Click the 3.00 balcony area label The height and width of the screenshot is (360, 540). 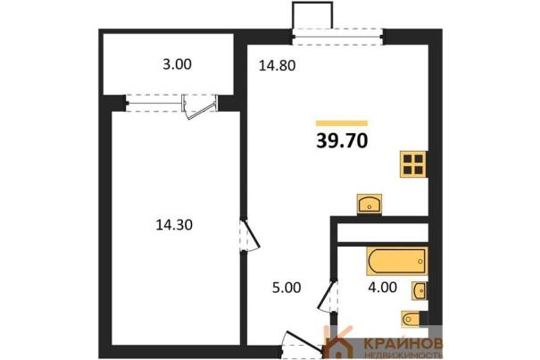point(177,64)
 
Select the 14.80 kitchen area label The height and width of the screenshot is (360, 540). point(277,65)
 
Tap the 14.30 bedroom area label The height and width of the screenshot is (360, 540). point(174,225)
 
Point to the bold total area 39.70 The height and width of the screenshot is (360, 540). point(342,140)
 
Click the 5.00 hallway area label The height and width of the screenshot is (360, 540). point(287,288)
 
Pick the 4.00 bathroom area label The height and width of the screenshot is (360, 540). point(382,287)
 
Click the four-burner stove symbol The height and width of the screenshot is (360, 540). point(413,164)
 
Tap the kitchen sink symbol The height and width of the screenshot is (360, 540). point(370,204)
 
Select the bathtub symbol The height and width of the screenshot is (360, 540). point(397,261)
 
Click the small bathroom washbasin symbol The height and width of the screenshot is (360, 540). point(420,290)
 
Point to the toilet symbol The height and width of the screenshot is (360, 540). point(411,318)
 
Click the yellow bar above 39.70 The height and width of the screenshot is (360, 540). point(342,123)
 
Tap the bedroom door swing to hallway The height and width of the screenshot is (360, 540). point(250,235)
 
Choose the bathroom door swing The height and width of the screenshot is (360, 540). point(328,296)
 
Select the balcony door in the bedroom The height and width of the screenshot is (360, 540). point(200,105)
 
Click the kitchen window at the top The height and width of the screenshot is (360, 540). point(337,37)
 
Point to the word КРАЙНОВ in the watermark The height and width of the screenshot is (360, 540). point(403,343)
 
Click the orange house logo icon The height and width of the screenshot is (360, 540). point(339,343)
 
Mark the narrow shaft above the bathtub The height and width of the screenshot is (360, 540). point(383,233)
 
